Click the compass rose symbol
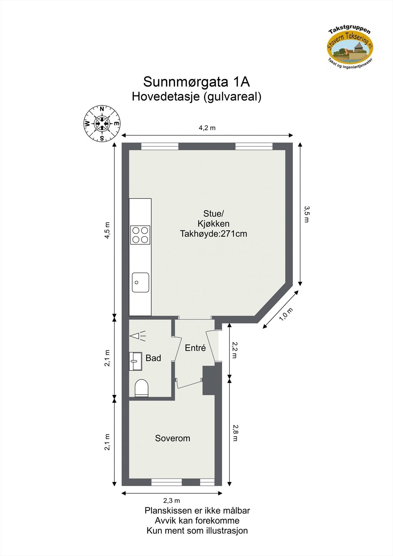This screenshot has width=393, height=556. (x=102, y=123)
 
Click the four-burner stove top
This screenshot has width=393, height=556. (x=140, y=235)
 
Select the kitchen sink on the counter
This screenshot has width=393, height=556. (x=140, y=282)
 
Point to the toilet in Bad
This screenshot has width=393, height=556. (x=141, y=388)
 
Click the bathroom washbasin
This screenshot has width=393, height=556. (x=136, y=361)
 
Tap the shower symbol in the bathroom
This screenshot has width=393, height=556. (x=137, y=336)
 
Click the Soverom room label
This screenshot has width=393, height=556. (x=172, y=438)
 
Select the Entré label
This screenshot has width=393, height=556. (x=195, y=348)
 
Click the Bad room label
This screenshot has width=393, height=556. (x=153, y=358)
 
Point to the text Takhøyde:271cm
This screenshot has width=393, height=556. (x=213, y=234)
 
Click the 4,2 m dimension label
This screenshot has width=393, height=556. (x=207, y=128)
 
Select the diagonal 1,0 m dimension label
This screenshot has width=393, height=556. (x=286, y=314)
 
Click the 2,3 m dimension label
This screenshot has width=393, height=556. (x=172, y=501)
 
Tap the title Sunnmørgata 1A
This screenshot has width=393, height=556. (x=196, y=82)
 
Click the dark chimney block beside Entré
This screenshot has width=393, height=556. (x=210, y=381)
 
